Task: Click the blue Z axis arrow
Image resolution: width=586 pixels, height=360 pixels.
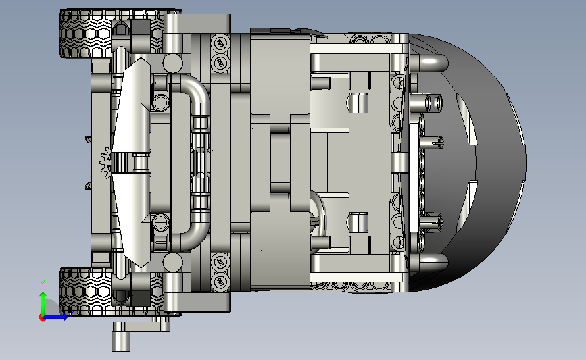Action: tap(56, 317)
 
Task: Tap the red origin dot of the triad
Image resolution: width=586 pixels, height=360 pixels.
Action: tap(42, 317)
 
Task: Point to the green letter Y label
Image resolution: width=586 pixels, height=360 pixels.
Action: tap(43, 284)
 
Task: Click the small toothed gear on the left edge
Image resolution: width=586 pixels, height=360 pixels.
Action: tap(105, 163)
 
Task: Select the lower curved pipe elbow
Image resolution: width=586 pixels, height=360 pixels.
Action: tap(195, 232)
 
